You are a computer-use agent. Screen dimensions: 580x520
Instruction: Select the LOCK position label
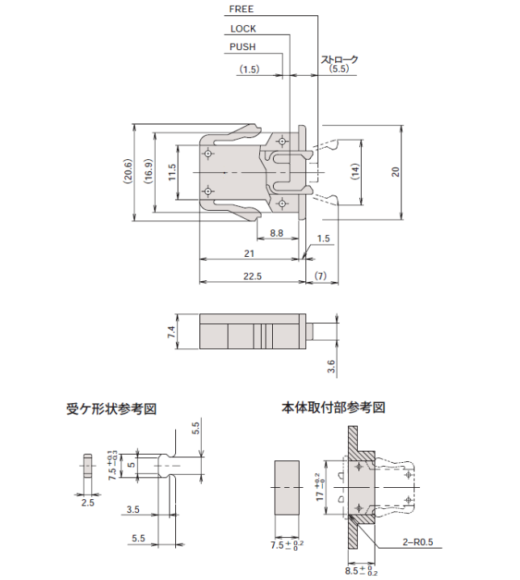click(243, 28)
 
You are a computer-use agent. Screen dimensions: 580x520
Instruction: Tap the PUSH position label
click(242, 48)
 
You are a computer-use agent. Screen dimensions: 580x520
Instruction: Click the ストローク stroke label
click(340, 61)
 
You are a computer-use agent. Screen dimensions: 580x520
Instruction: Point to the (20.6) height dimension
click(128, 171)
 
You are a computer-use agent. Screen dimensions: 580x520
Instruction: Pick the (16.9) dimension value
click(148, 171)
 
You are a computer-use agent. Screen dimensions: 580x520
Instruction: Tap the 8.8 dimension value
click(276, 233)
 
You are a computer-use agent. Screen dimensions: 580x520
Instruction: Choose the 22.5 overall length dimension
click(252, 276)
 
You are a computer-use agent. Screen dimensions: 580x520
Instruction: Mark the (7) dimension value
click(321, 276)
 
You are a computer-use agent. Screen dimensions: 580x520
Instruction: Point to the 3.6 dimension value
click(331, 368)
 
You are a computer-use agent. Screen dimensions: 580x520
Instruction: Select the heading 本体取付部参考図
click(333, 407)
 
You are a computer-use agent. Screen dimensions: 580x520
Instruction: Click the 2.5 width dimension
click(87, 502)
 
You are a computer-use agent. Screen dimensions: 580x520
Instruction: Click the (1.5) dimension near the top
click(250, 70)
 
